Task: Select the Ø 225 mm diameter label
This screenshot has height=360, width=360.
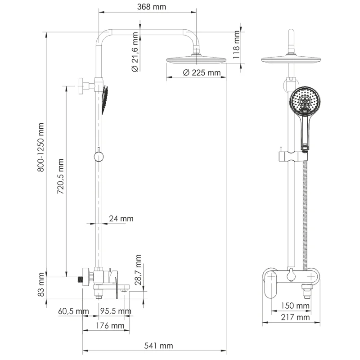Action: [x=202, y=72]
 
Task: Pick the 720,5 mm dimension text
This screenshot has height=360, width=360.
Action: [x=61, y=176]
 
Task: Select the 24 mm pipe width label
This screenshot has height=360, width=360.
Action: [x=121, y=219]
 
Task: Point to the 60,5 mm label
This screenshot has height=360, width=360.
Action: [x=74, y=311]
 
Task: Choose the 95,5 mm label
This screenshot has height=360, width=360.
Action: [x=116, y=311]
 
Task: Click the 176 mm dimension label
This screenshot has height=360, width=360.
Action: [x=108, y=325]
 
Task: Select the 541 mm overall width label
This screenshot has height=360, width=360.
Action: [x=158, y=346]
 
